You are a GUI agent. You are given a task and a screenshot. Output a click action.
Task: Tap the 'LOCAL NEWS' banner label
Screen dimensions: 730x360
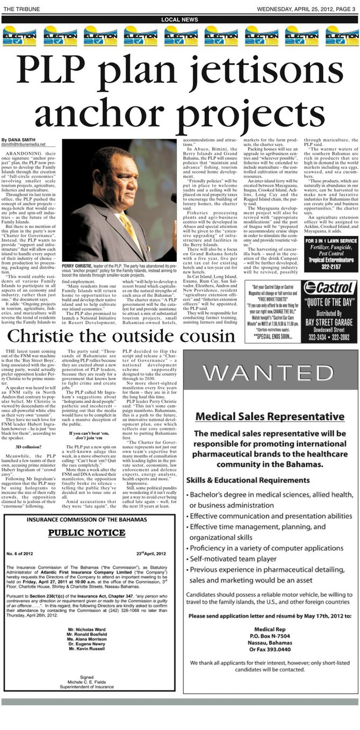(179, 19)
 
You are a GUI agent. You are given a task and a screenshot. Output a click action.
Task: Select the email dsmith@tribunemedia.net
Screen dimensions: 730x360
(24, 145)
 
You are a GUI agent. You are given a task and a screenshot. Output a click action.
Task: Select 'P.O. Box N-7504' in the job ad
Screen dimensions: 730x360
(270, 635)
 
